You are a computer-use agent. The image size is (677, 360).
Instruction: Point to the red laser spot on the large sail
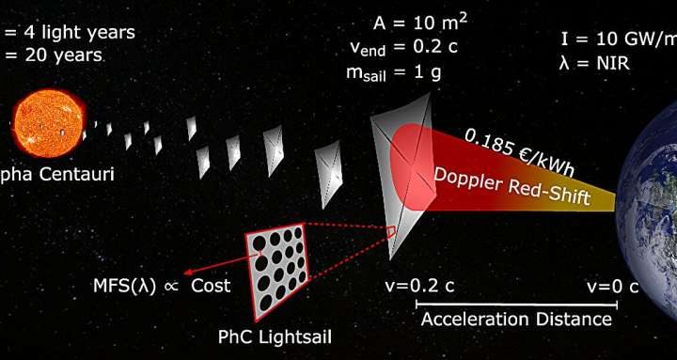410,167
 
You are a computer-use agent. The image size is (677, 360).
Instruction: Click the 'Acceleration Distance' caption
515,320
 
